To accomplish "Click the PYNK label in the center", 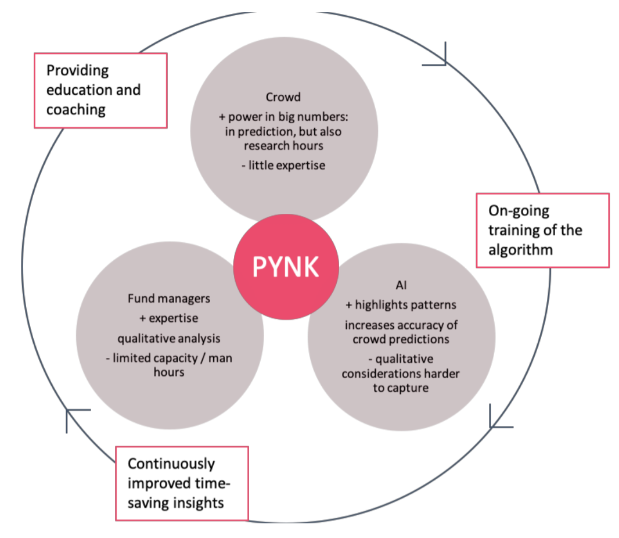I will (x=285, y=268).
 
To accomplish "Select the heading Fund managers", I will (x=169, y=299).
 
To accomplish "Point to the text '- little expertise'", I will (x=283, y=166).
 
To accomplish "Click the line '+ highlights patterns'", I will (x=401, y=305).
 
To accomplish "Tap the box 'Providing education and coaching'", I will (x=100, y=90).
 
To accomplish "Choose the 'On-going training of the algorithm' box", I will (x=542, y=230).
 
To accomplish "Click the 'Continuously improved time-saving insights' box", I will (x=182, y=483).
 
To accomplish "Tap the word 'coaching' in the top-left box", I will (x=76, y=109).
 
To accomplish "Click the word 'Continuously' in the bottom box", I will (x=171, y=464).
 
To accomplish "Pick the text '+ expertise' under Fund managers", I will (x=169, y=318).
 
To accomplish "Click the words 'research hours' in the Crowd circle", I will (x=284, y=145).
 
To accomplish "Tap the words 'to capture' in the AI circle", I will (x=401, y=388).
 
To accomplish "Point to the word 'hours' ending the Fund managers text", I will (x=169, y=372).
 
